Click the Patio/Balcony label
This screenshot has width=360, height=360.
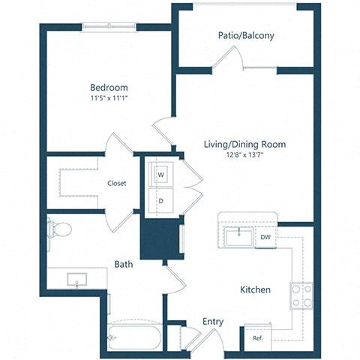(x=245, y=35)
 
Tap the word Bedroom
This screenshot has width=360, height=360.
(x=109, y=87)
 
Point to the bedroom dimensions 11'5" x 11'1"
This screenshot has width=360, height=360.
(x=109, y=97)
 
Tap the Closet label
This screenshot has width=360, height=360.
(x=116, y=183)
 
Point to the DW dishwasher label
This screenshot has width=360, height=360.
(x=265, y=237)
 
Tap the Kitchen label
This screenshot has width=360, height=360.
(x=255, y=289)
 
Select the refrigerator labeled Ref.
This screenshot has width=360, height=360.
(x=257, y=337)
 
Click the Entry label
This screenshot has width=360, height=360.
(x=213, y=322)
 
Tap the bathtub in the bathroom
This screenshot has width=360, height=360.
(x=134, y=337)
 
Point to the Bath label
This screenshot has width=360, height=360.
(x=124, y=265)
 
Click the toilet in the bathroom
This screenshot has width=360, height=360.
(x=58, y=228)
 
